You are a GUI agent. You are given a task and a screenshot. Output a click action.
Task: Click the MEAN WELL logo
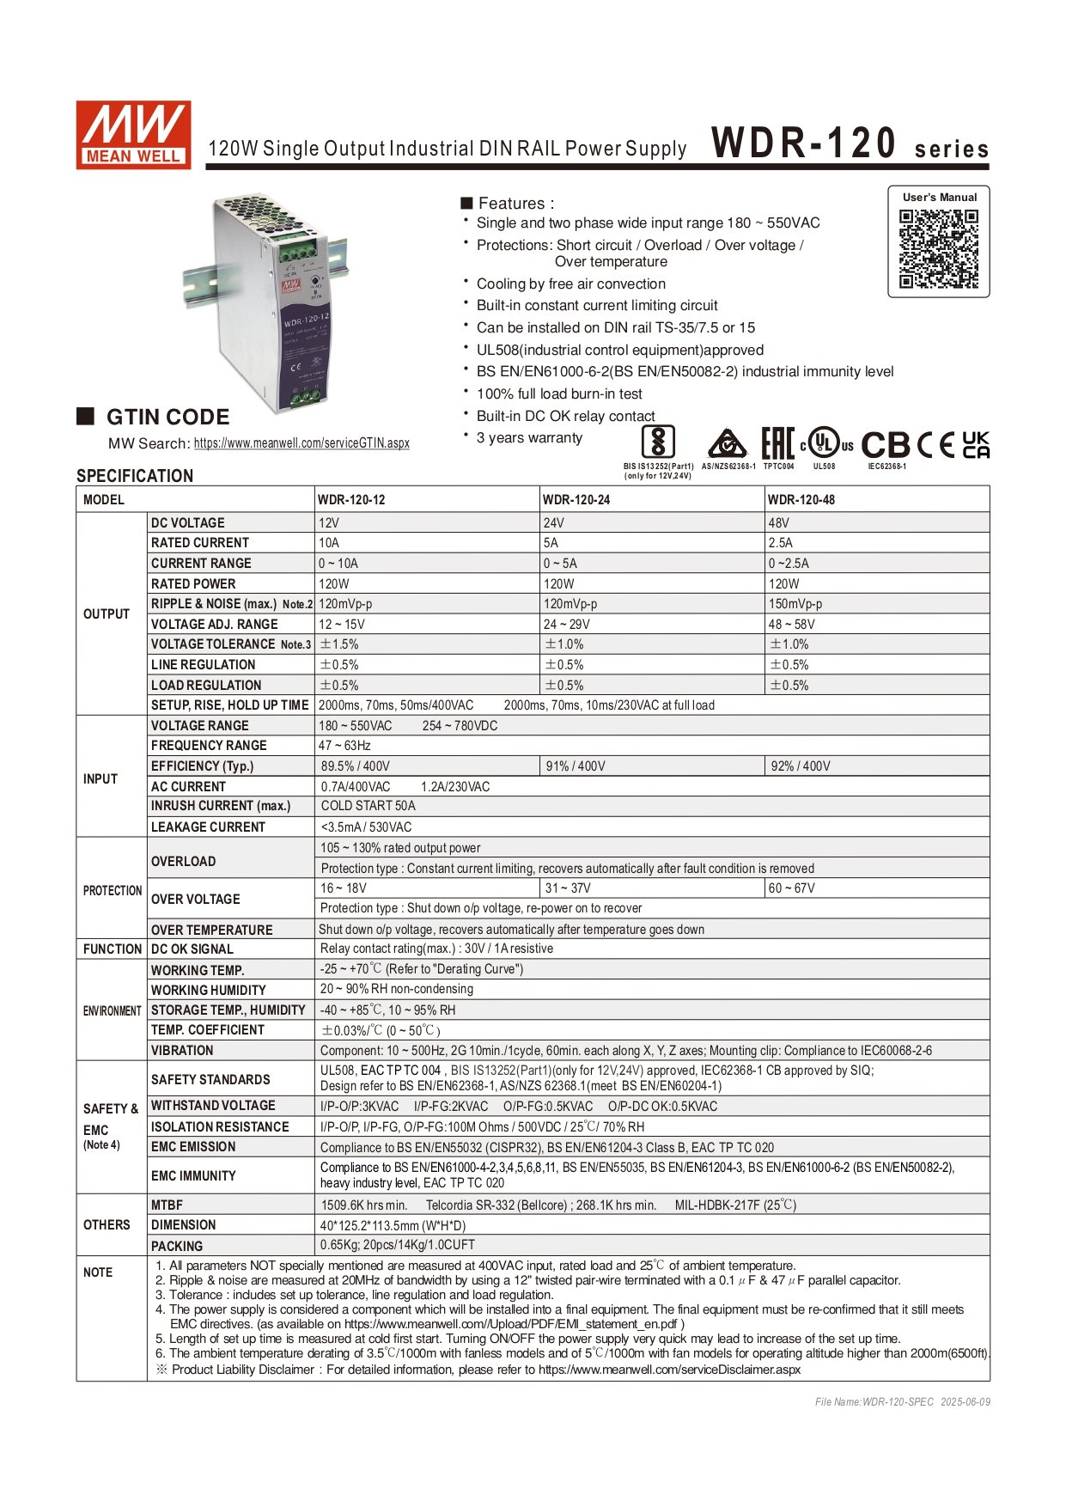coord(133,135)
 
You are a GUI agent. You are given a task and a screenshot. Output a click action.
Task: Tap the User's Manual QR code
coord(939,249)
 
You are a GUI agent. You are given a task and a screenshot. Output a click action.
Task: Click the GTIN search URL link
coord(302,443)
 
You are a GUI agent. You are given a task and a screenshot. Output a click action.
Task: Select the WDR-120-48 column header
coord(801,499)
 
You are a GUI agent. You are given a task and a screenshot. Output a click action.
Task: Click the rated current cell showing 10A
coord(329,543)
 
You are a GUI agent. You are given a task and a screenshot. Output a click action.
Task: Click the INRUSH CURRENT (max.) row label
coord(221,806)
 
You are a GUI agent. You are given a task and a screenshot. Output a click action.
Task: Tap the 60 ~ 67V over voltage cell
coord(792,888)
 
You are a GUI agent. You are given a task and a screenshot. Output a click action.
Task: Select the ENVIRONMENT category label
coord(112,1010)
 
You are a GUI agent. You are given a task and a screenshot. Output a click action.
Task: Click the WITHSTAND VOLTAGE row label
coord(213,1106)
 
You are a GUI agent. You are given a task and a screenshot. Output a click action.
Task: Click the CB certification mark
coord(886,444)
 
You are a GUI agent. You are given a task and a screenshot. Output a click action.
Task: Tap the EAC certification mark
coord(777,444)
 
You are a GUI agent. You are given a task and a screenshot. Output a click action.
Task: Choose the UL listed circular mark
coord(825,444)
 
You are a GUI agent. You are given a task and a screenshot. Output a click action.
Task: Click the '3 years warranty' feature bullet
coord(529,438)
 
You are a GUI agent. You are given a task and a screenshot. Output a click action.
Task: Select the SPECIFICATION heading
coord(135,476)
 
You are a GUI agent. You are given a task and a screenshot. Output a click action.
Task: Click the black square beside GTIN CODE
coord(85,417)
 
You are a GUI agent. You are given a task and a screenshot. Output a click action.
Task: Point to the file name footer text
coord(902,1402)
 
